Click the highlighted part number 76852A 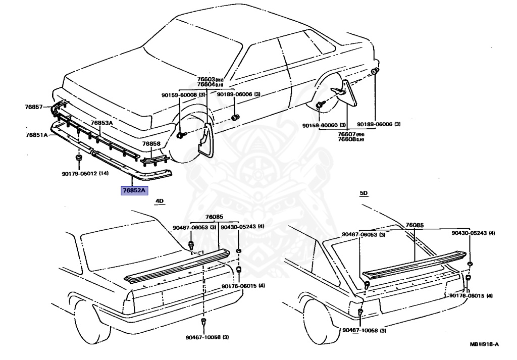pos(133,190)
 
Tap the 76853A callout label pos(101,123)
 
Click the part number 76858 pos(151,143)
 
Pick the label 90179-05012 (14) pos(85,174)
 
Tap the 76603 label pos(205,79)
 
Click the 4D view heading pos(160,201)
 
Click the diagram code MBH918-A pos(484,344)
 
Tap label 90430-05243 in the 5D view pos(473,233)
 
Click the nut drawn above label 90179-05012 pos(79,160)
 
